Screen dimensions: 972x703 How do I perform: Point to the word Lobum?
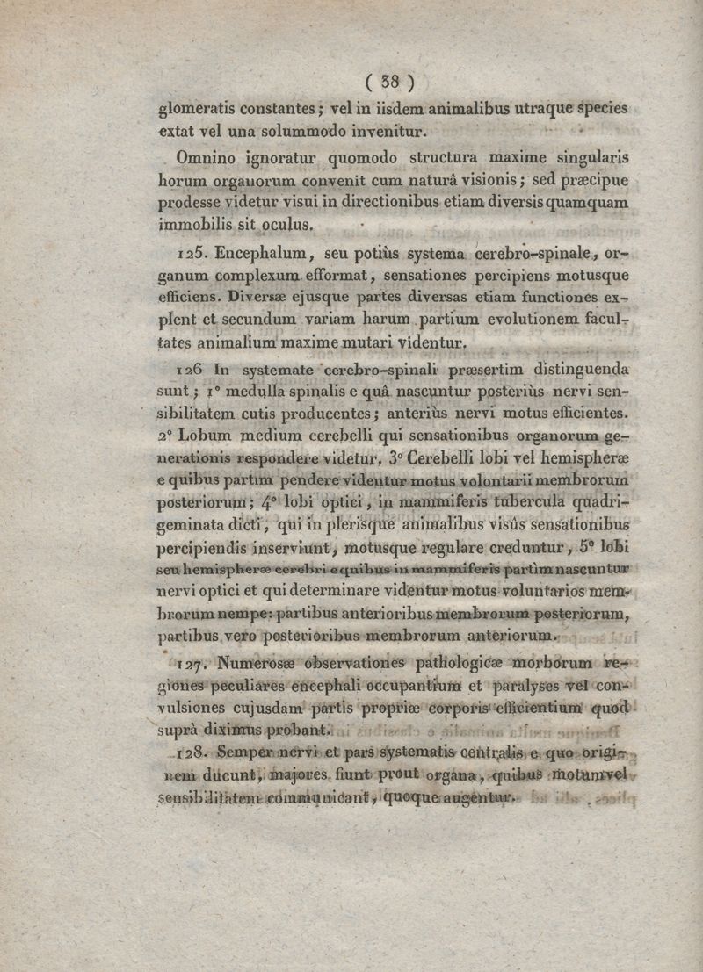point(207,435)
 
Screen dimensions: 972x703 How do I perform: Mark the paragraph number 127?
point(192,662)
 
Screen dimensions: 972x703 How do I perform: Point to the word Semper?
point(249,752)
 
